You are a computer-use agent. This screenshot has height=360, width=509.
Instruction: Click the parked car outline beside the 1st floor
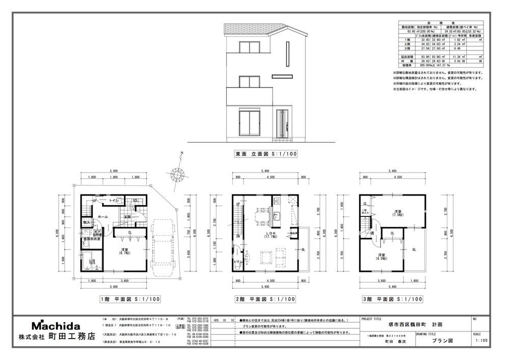point(163,244)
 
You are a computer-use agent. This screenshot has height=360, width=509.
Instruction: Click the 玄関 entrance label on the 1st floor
point(128,217)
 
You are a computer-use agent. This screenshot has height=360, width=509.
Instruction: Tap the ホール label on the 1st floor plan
point(102,217)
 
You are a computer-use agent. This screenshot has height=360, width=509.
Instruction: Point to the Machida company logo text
point(56,325)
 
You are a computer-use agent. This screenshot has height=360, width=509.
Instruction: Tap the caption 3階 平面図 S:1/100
point(392,299)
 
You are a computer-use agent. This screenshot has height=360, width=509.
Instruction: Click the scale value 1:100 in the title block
point(480,341)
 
